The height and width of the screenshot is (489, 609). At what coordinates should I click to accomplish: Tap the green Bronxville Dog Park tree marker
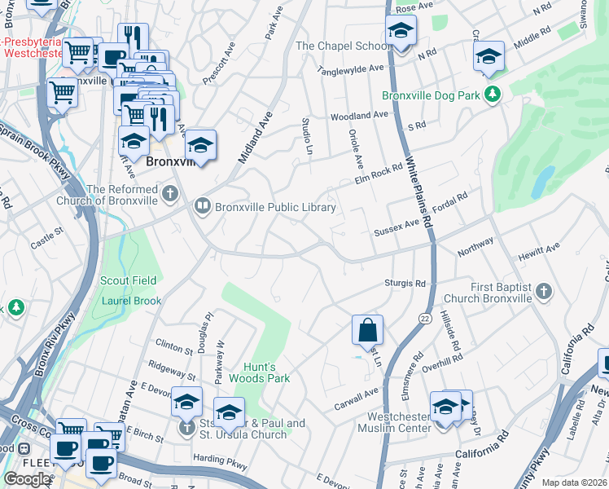coord(492,95)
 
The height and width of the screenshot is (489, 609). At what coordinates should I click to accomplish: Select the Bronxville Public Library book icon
coord(202,207)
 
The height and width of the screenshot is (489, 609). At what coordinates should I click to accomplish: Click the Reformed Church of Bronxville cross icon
coord(169,194)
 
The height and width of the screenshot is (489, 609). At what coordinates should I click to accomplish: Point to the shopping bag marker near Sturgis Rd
coord(367,330)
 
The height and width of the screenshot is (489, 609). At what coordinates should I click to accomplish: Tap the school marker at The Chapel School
coord(399,33)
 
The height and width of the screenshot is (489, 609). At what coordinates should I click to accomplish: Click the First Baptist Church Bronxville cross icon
coord(545,291)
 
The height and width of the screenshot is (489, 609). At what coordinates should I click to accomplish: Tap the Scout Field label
coord(128,280)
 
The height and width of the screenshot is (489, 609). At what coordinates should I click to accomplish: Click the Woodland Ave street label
coord(359,117)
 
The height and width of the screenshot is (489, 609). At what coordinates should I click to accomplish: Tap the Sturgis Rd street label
coord(405,284)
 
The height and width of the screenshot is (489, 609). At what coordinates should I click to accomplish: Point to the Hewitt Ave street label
coord(541,247)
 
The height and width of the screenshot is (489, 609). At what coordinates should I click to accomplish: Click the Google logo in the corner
coord(27,479)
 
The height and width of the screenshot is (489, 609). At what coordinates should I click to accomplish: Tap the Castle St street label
coord(46,238)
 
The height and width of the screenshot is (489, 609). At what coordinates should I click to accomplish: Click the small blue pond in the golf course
coord(538,184)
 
